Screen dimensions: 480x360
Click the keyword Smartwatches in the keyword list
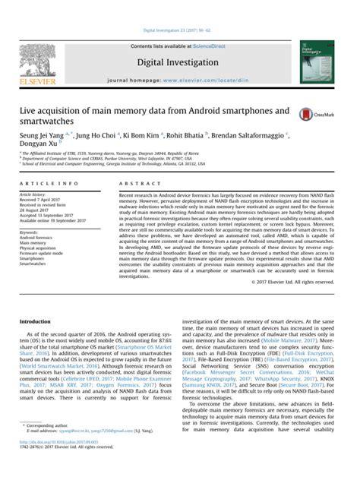coord(34,264)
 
